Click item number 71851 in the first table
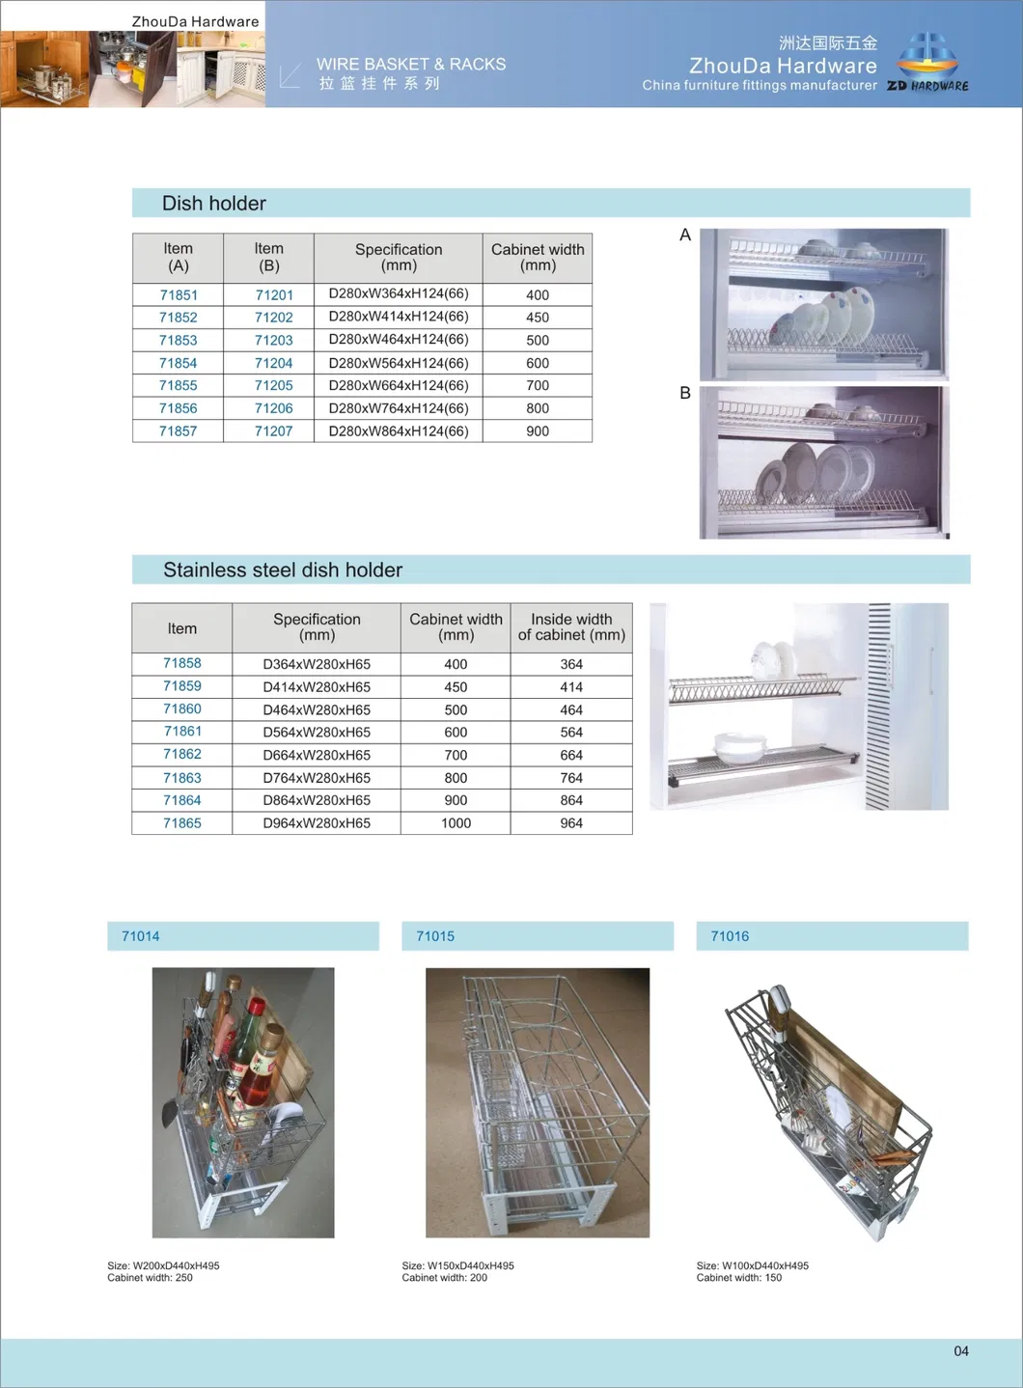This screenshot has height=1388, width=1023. [x=179, y=295]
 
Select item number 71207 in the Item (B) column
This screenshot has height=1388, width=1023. [x=273, y=431]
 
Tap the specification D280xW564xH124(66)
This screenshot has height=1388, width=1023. [x=398, y=363]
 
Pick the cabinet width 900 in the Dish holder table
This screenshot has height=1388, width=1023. [x=538, y=431]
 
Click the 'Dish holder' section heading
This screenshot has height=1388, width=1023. [x=214, y=204]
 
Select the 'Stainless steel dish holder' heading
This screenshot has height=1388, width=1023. [x=283, y=570]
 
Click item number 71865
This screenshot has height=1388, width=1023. [x=182, y=823]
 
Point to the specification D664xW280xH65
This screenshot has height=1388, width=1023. [x=317, y=755]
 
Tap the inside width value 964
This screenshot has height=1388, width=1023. [x=571, y=823]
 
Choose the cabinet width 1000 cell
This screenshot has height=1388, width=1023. [x=456, y=823]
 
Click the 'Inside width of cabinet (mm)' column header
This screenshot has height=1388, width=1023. [x=571, y=627]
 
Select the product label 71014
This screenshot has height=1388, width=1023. [x=141, y=936]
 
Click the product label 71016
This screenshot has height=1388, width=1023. [x=730, y=936]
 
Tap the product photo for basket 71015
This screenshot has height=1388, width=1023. [x=538, y=1102]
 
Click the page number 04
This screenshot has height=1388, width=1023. [x=961, y=1351]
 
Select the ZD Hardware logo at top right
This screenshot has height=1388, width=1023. [x=927, y=63]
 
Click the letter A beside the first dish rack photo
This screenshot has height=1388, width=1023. [x=685, y=236]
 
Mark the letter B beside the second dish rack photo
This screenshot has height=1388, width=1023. [x=685, y=394]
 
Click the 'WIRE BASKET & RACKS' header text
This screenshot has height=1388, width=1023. [x=411, y=65]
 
